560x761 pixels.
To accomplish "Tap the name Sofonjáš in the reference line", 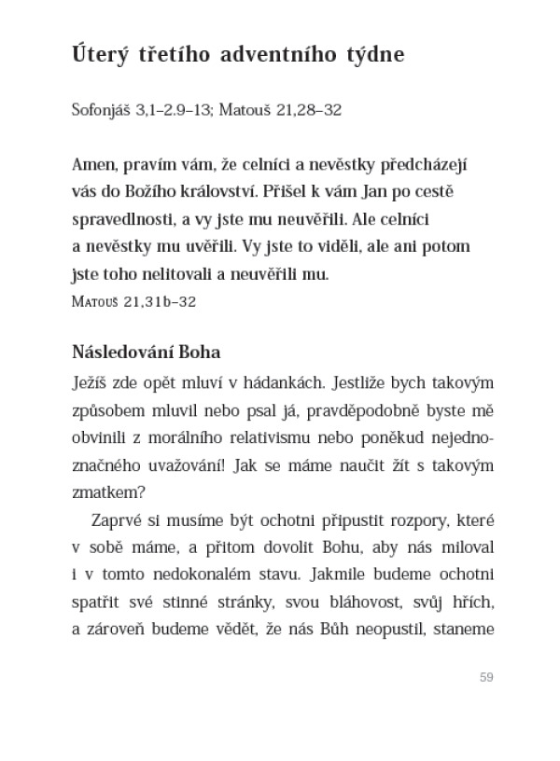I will tap(102, 110).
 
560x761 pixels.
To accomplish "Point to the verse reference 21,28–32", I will tap(308, 110).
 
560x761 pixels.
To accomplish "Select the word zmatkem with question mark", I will tap(105, 491).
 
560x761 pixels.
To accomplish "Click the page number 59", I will tap(485, 677).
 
